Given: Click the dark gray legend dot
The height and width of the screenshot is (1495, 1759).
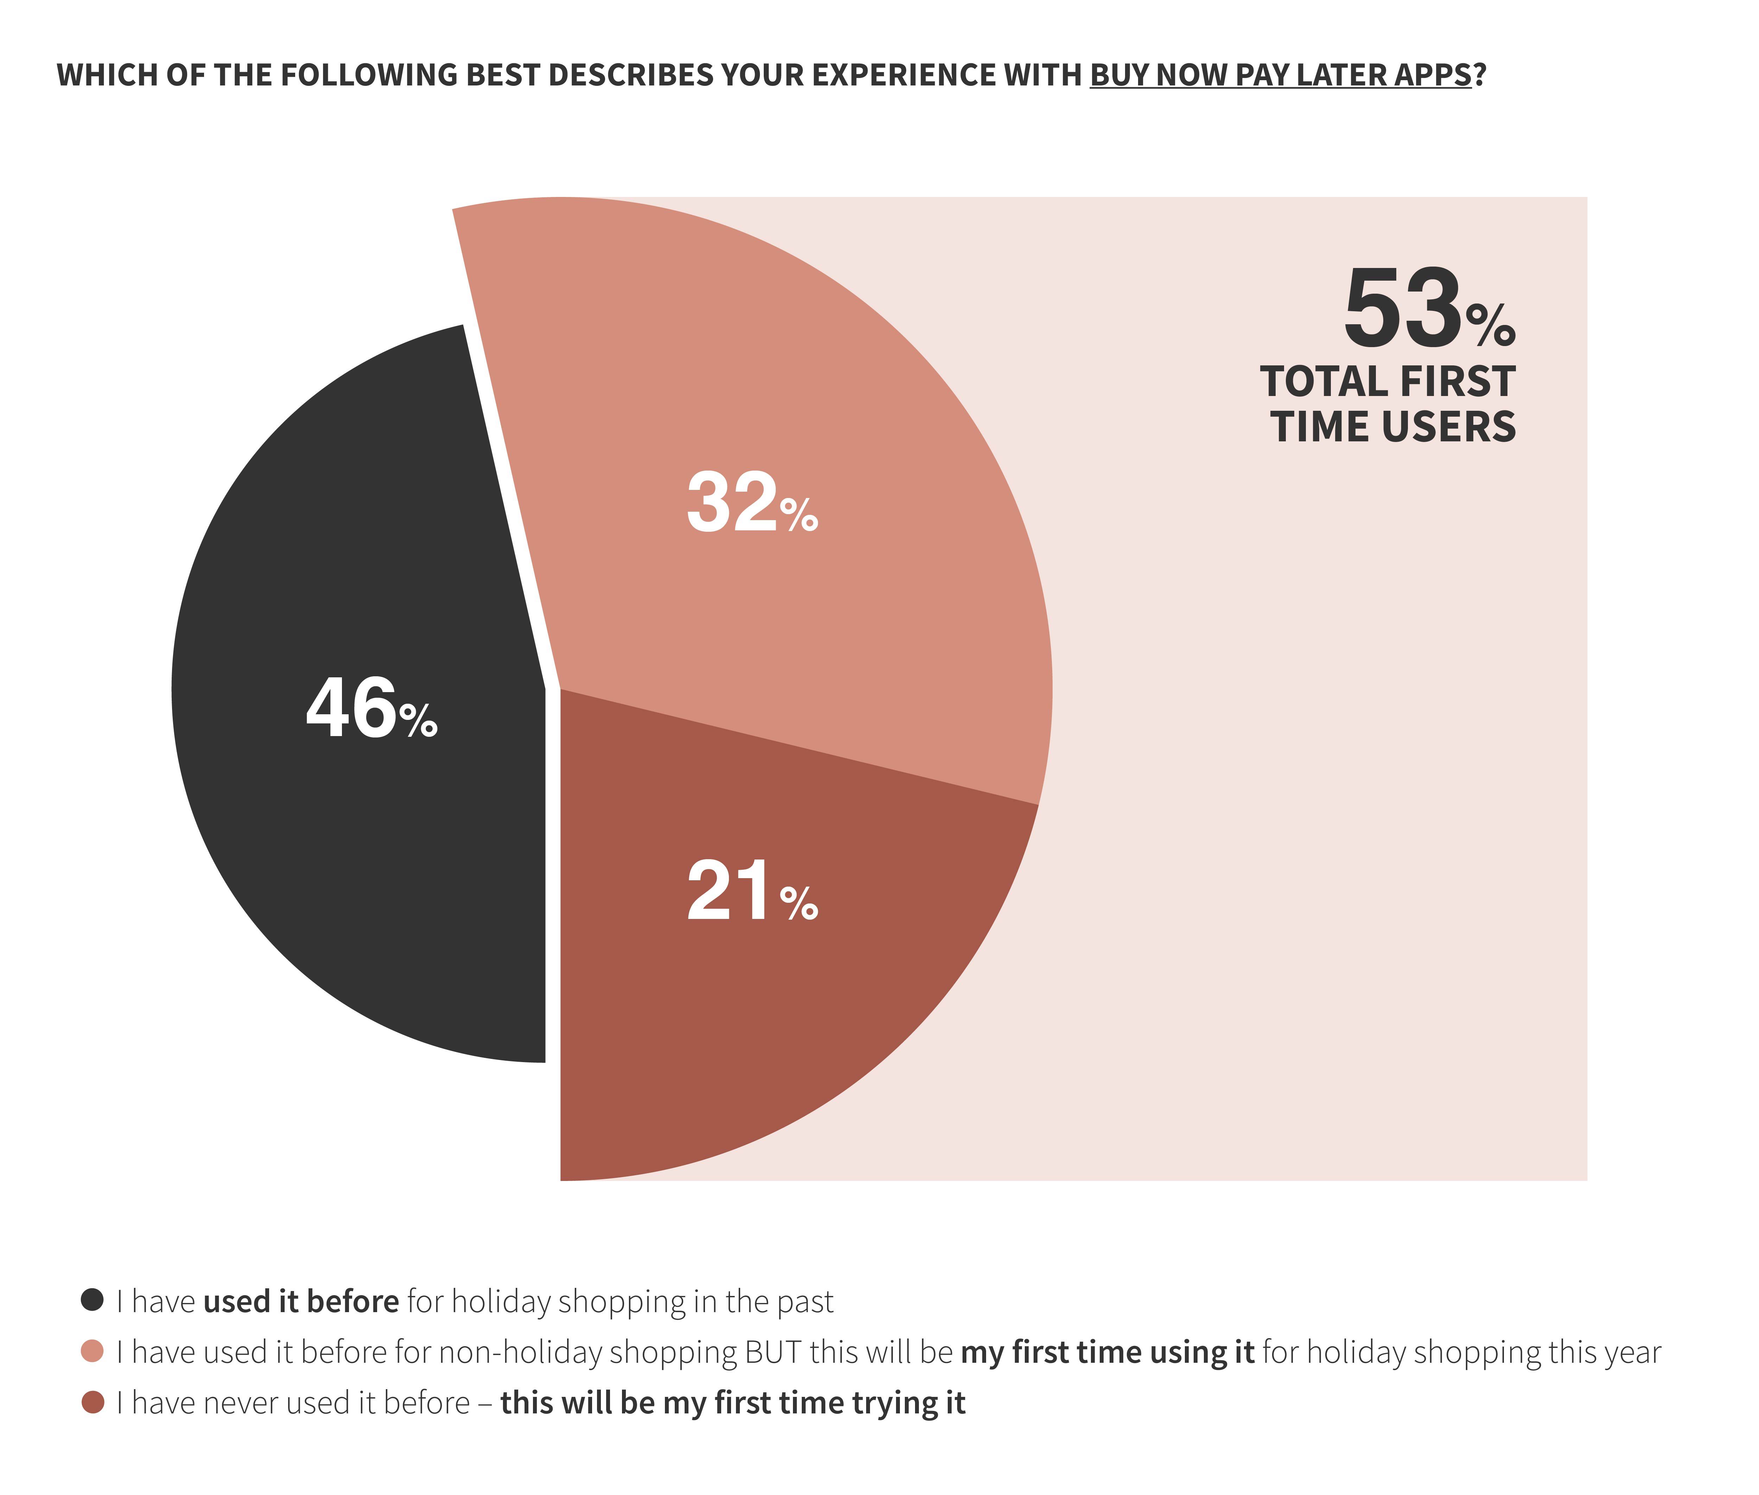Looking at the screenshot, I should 93,1299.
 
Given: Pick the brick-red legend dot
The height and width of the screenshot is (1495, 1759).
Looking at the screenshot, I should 93,1403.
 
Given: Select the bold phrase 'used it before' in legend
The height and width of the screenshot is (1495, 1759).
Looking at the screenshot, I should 301,1301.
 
